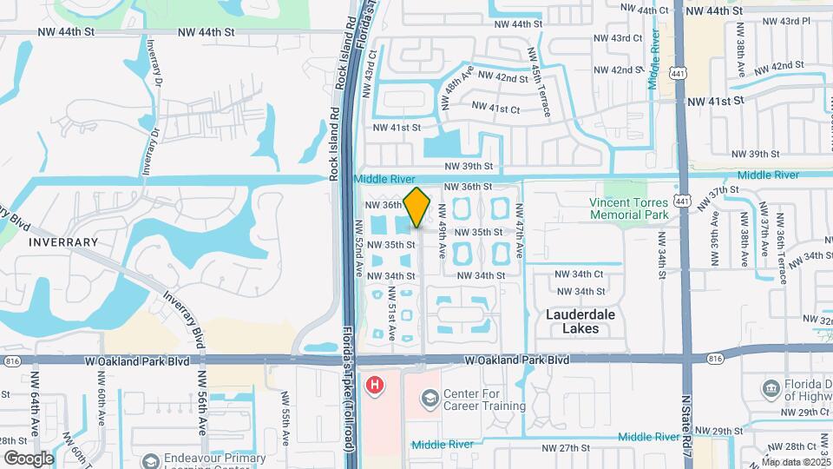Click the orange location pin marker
click(417, 208)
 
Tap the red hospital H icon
click(375, 384)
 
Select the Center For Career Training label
click(484, 400)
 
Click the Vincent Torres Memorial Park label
click(628, 208)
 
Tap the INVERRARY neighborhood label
click(63, 241)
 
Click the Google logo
click(29, 459)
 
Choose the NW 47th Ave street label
click(519, 230)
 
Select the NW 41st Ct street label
click(495, 109)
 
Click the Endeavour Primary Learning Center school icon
click(152, 459)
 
